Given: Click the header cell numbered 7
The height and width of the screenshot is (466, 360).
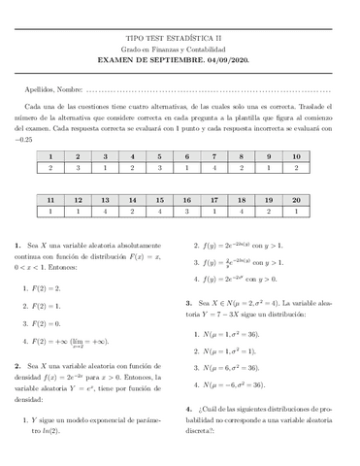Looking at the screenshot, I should pyautogui.click(x=214, y=155).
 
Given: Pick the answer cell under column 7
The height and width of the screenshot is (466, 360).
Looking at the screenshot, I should pyautogui.click(x=214, y=168).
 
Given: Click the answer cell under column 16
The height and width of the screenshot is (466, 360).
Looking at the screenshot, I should pyautogui.click(x=186, y=210).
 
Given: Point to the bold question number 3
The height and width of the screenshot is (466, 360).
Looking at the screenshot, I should pyautogui.click(x=189, y=303).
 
